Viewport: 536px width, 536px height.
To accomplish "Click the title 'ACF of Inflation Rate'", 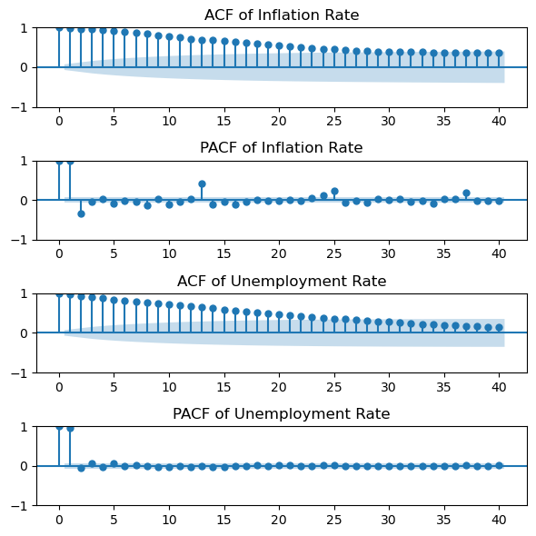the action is click(282, 15).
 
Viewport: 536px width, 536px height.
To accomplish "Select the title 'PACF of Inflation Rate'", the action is click(282, 148).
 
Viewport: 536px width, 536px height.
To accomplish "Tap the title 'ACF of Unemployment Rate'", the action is click(282, 281).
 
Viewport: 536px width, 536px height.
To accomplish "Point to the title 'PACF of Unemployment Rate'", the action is click(282, 413).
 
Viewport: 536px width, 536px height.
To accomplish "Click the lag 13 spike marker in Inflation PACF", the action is click(202, 184).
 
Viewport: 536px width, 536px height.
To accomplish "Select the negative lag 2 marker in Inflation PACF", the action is click(81, 214).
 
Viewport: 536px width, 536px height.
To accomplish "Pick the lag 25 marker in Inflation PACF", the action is click(334, 191).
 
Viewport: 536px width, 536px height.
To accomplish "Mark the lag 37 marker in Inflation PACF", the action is click(466, 194).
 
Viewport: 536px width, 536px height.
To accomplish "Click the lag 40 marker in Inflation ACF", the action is click(499, 53).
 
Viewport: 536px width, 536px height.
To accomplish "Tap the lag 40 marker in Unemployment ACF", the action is click(499, 327).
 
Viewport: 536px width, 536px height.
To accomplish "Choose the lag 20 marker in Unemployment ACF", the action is click(279, 314).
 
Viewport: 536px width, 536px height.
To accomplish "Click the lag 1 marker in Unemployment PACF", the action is click(70, 429).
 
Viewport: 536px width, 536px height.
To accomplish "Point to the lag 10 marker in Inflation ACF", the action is click(169, 36).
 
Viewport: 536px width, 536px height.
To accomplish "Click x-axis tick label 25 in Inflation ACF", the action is click(334, 121).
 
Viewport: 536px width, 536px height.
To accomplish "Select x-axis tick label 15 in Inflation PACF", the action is click(223, 253).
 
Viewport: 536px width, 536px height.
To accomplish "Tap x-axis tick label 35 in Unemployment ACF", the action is click(443, 387).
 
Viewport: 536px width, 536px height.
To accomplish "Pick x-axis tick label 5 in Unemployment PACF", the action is click(114, 520).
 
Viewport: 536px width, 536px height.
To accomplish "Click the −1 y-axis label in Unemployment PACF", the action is click(19, 506).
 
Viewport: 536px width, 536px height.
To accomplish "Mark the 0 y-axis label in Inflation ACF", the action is click(24, 68).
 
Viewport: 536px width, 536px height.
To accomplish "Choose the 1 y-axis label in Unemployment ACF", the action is click(24, 293).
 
